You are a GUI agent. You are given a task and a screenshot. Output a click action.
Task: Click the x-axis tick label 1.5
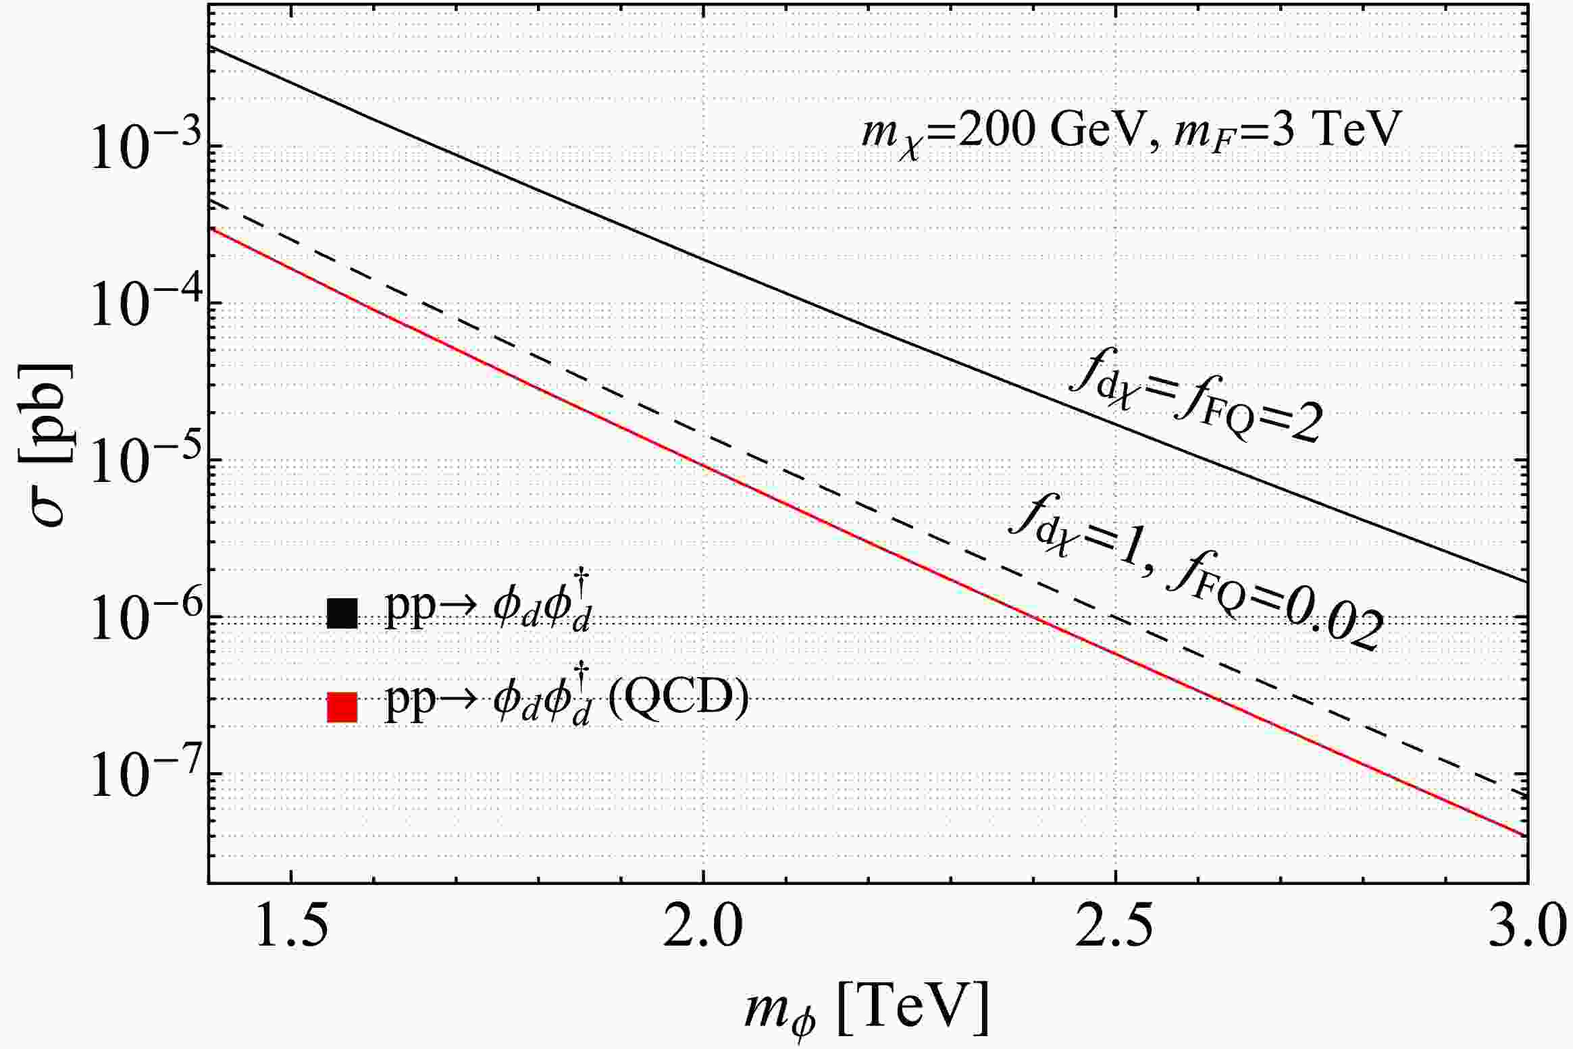point(291,930)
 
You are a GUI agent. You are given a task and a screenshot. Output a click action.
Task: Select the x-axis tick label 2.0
point(703,930)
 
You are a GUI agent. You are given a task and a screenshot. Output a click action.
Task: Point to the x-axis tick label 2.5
point(1116,930)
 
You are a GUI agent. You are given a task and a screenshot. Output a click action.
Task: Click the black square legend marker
point(342,614)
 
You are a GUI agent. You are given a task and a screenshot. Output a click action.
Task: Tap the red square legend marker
point(342,707)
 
